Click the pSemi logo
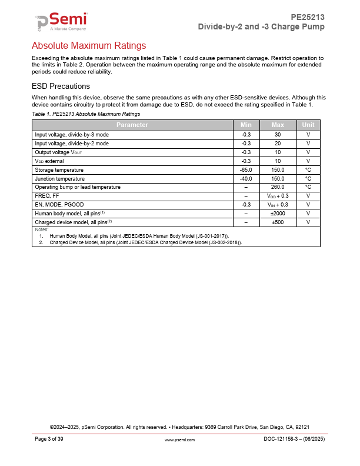click(61, 22)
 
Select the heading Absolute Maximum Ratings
click(88, 45)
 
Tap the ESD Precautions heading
click(61, 86)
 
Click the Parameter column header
click(132, 125)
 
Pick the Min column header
click(246, 125)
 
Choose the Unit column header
click(308, 125)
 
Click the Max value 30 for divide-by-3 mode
click(278, 134)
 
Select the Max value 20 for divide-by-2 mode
click(278, 143)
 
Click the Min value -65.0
click(246, 169)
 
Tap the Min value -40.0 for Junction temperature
click(246, 178)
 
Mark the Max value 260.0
click(278, 187)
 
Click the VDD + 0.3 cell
click(278, 196)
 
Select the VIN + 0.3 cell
click(278, 204)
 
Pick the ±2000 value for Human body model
click(278, 213)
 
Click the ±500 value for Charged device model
click(278, 222)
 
